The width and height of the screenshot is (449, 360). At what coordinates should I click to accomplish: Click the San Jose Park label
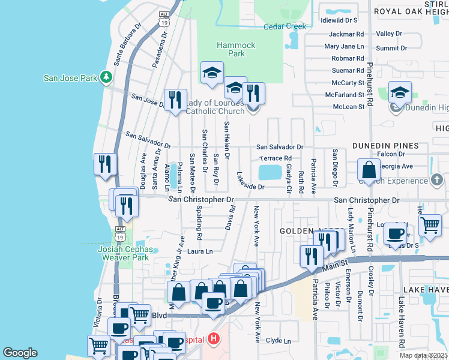pos(70,78)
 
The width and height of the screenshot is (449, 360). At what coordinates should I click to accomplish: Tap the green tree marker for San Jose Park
pos(106,77)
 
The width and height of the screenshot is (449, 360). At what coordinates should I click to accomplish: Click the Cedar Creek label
pos(285,26)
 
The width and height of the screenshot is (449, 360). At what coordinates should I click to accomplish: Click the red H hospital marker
pos(212,340)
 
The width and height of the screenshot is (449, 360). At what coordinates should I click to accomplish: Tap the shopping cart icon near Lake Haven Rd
pos(429,225)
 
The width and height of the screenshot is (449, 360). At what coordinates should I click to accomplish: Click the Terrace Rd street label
pos(275,158)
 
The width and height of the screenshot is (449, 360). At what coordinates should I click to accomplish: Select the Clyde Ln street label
pos(278,341)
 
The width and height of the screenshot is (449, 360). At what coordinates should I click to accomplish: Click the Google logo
pos(20,353)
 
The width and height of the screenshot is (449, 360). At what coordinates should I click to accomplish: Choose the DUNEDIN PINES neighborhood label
pos(385,146)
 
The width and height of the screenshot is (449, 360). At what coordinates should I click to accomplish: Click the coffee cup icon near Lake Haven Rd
pos(395,233)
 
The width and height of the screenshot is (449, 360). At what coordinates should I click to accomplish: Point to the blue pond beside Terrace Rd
pos(271,173)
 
